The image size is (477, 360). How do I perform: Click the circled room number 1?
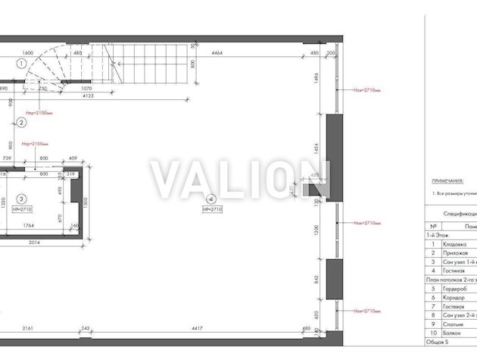coord(21,63)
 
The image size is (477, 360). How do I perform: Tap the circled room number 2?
coord(21,122)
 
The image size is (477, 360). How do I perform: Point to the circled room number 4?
coord(211,199)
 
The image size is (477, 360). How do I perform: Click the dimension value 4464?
coord(217,53)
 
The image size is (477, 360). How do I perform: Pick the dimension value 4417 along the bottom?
coord(196,328)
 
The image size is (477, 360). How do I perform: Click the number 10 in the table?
coord(433,332)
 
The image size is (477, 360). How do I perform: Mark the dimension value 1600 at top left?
coord(28,53)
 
